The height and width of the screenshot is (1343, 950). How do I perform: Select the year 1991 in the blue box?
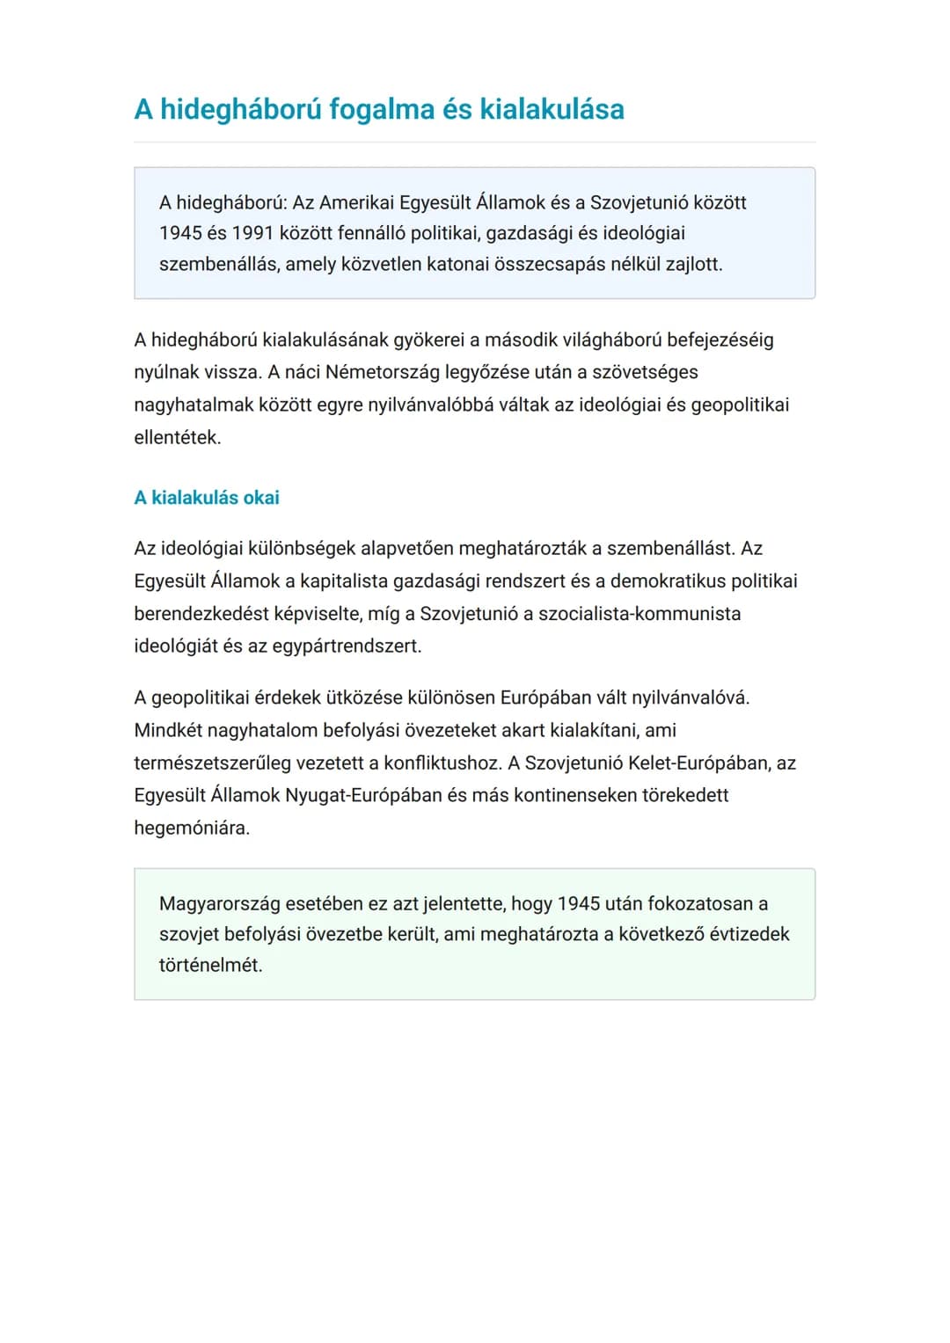click(252, 233)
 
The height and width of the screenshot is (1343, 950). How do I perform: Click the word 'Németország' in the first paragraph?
click(383, 372)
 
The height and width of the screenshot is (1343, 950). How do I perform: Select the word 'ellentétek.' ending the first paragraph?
click(178, 437)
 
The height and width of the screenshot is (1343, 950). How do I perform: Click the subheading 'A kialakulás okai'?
click(207, 498)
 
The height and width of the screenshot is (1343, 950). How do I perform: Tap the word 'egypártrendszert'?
click(347, 646)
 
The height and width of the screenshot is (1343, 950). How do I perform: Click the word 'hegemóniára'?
click(191, 828)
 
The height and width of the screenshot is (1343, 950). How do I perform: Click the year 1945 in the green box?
click(580, 904)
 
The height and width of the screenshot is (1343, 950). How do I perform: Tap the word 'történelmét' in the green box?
click(210, 966)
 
